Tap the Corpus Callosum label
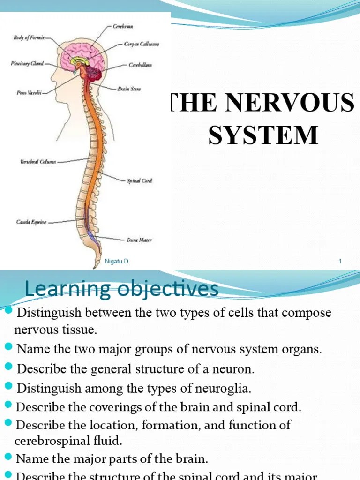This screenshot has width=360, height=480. (x=141, y=44)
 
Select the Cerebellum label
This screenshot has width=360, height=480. (x=140, y=65)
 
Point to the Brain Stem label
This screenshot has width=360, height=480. (x=129, y=89)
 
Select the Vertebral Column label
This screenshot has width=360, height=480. (x=38, y=162)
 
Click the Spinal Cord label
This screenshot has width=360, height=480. (x=139, y=180)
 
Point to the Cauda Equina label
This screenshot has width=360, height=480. (x=31, y=222)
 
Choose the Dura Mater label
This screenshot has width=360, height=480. (x=139, y=240)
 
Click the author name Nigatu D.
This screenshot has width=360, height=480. (x=117, y=262)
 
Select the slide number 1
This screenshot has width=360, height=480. (x=340, y=262)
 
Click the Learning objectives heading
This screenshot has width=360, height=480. (x=121, y=289)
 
